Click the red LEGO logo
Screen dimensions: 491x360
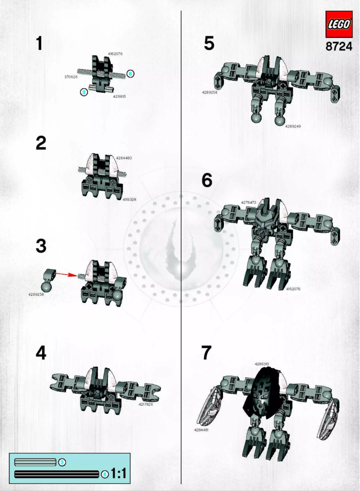[x=339, y=25]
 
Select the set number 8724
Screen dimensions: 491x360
[x=339, y=47]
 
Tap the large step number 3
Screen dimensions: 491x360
[x=41, y=246]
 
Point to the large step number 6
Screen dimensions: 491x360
[x=207, y=180]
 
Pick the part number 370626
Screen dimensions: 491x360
[x=70, y=77]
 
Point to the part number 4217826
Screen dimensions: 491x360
[x=145, y=404]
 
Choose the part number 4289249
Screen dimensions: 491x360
[x=293, y=126]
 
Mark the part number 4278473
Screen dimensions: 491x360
[x=248, y=202]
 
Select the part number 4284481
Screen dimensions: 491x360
[x=201, y=430]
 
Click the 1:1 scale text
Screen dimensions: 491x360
[x=118, y=473]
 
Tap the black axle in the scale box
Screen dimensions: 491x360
[x=56, y=473]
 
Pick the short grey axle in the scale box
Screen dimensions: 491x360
[x=35, y=462]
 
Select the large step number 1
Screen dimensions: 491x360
[x=40, y=44]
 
